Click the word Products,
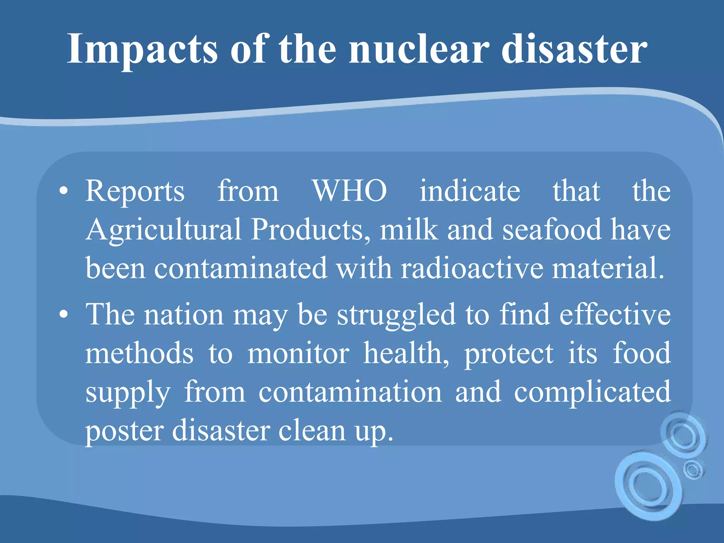coord(311,230)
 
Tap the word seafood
coord(552,230)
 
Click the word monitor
coord(298,353)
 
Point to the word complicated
coord(592,392)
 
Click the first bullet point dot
coord(64,191)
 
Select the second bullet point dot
coord(64,314)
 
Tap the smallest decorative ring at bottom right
coord(693,469)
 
